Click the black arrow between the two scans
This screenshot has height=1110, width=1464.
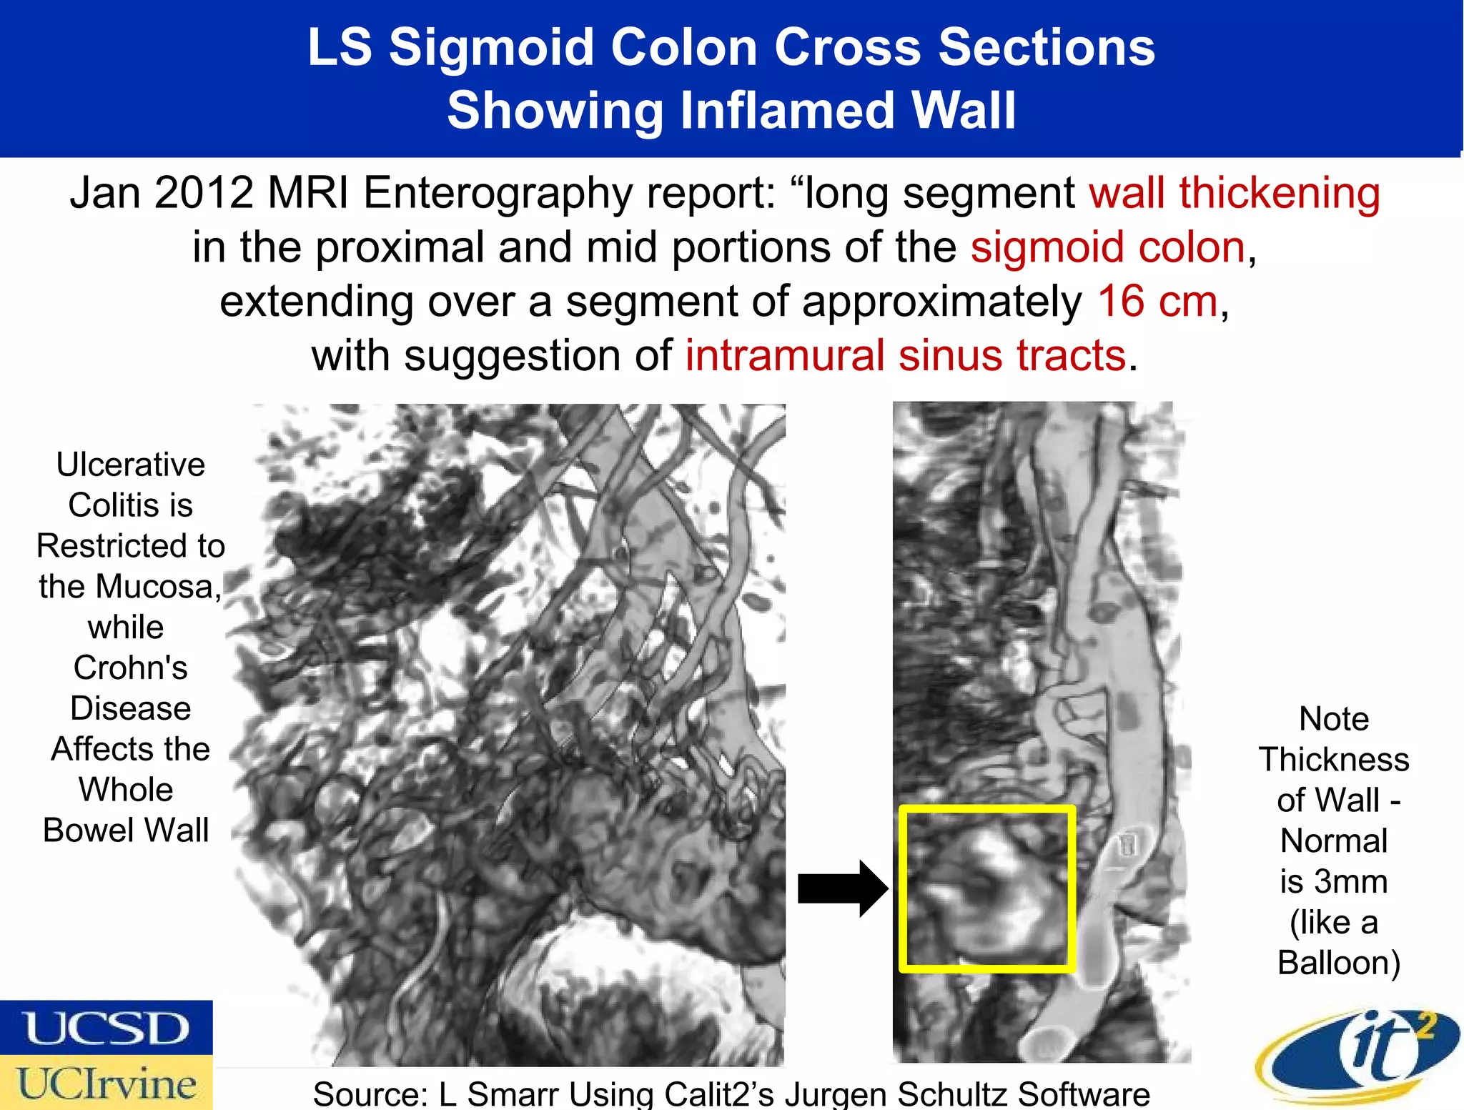click(x=842, y=888)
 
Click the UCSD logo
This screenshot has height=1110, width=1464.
click(x=107, y=1028)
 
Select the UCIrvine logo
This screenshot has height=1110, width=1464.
click(x=107, y=1083)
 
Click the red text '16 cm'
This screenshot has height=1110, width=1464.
click(x=1157, y=301)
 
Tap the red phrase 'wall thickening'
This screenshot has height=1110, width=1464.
click(x=1235, y=192)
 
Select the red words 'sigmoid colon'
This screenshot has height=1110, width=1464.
click(x=1108, y=247)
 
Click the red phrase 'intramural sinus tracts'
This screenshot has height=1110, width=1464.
click(x=906, y=355)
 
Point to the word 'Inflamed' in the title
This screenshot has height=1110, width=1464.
click(x=786, y=111)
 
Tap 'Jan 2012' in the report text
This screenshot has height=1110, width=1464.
click(x=162, y=192)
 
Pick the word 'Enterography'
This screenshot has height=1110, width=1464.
click(x=498, y=194)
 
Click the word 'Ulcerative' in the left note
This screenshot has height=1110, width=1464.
click(x=131, y=465)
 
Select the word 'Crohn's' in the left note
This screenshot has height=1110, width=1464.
click(x=131, y=668)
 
